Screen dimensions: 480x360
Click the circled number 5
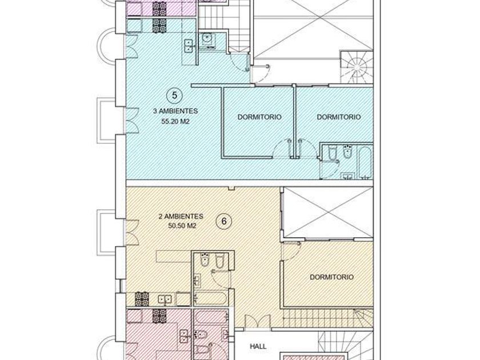174,95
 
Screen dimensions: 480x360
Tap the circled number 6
224,221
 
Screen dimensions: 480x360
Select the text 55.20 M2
175,122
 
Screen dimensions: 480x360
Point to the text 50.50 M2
182,226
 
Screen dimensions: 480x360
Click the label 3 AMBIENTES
175,111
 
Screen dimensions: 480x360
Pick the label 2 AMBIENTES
181,217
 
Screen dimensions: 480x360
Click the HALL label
258,346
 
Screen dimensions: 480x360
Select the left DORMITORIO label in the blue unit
259,117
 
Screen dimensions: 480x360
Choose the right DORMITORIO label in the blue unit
338,117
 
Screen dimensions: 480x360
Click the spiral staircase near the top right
357,67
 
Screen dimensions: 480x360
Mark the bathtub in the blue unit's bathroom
365,162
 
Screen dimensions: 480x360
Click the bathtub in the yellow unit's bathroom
211,298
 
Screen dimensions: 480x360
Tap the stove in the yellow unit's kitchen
142,299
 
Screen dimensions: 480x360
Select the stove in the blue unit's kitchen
159,26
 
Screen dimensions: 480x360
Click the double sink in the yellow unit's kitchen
165,299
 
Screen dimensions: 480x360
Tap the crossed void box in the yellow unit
329,213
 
